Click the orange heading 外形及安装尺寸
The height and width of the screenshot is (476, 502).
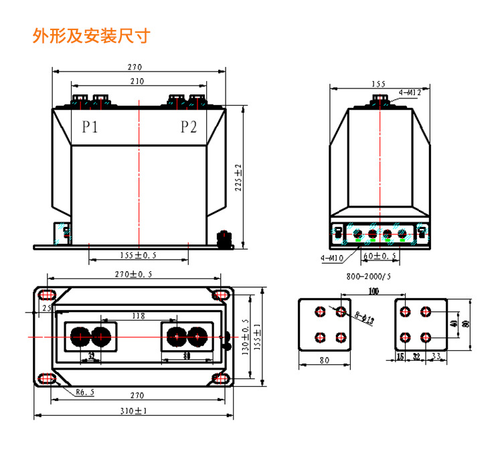pos(91,35)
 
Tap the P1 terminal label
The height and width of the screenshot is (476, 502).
pos(90,127)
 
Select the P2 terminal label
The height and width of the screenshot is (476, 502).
pos(189,127)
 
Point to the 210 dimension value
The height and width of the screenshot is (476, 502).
pos(137,81)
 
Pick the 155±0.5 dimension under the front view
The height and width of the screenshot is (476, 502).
pos(137,255)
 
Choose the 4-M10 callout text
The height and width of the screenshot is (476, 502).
pos(331,256)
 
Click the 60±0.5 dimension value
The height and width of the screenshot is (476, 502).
pos(380,256)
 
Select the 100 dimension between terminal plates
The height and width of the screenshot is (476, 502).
pos(373,292)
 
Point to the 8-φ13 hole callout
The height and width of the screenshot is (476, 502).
pos(364,317)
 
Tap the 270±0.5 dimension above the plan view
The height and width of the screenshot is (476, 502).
pos(133,274)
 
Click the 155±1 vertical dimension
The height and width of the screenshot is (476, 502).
pos(258,332)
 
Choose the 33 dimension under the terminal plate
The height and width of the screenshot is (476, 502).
pos(435,356)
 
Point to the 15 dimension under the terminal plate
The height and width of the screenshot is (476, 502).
pos(400,356)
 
